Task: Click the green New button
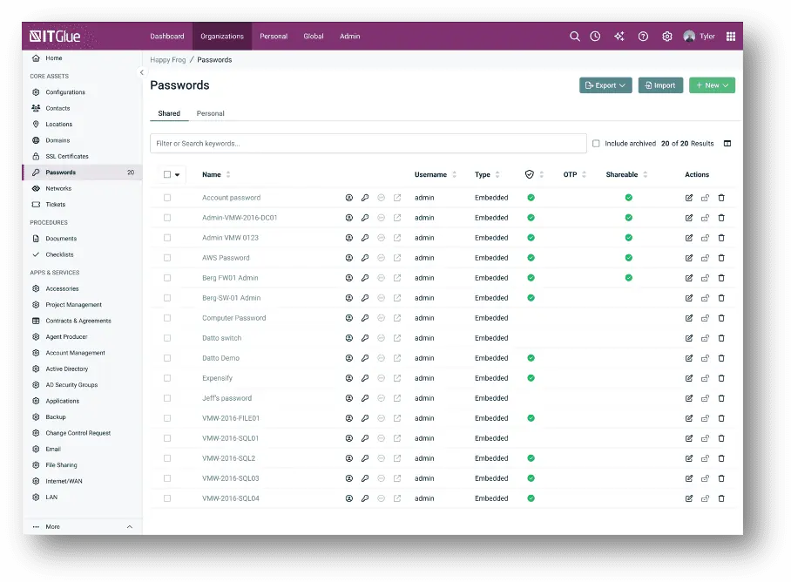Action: tap(712, 85)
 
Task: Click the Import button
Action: tap(660, 85)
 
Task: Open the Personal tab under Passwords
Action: tap(210, 113)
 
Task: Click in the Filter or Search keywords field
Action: tap(368, 143)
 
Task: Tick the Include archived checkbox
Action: tap(596, 144)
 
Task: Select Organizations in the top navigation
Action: tap(222, 37)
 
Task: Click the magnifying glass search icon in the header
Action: tap(575, 37)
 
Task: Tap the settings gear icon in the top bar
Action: tap(667, 37)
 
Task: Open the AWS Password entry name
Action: tap(226, 258)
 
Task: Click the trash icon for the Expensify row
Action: tap(721, 378)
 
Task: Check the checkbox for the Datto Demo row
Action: tap(167, 358)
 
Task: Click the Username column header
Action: tap(430, 174)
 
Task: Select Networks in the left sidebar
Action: tap(58, 188)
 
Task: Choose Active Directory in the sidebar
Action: tap(66, 369)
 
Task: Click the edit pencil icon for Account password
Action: tap(688, 198)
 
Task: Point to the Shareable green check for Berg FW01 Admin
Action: tap(629, 278)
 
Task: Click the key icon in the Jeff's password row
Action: tap(365, 398)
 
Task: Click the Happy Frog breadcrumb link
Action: tap(168, 60)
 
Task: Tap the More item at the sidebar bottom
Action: tap(52, 526)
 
